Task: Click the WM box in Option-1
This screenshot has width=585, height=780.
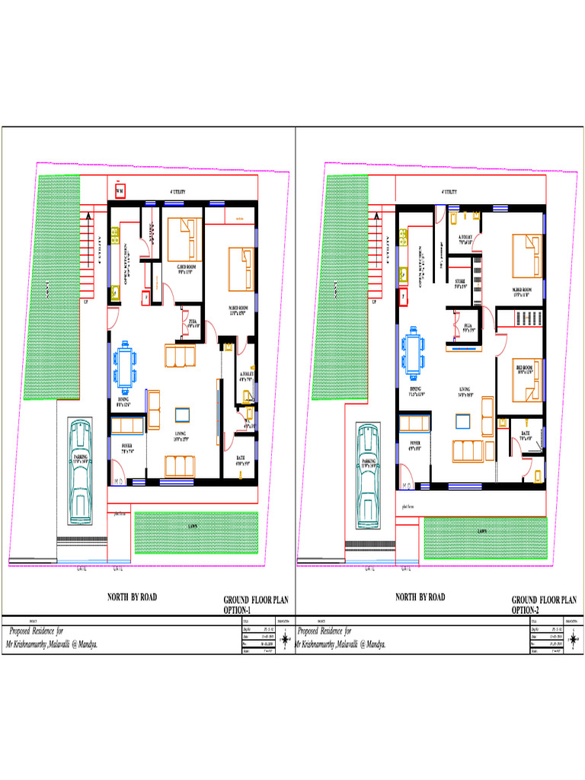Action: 120,191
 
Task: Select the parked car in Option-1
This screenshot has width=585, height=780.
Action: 80,472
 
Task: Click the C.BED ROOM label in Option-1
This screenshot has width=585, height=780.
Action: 187,267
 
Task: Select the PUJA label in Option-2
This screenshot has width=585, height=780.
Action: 468,326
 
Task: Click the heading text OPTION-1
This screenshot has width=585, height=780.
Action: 237,610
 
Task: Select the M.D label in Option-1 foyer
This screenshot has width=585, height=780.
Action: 119,481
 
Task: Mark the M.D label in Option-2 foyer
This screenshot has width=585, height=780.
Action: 408,485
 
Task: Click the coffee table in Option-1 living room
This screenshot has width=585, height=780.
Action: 183,414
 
